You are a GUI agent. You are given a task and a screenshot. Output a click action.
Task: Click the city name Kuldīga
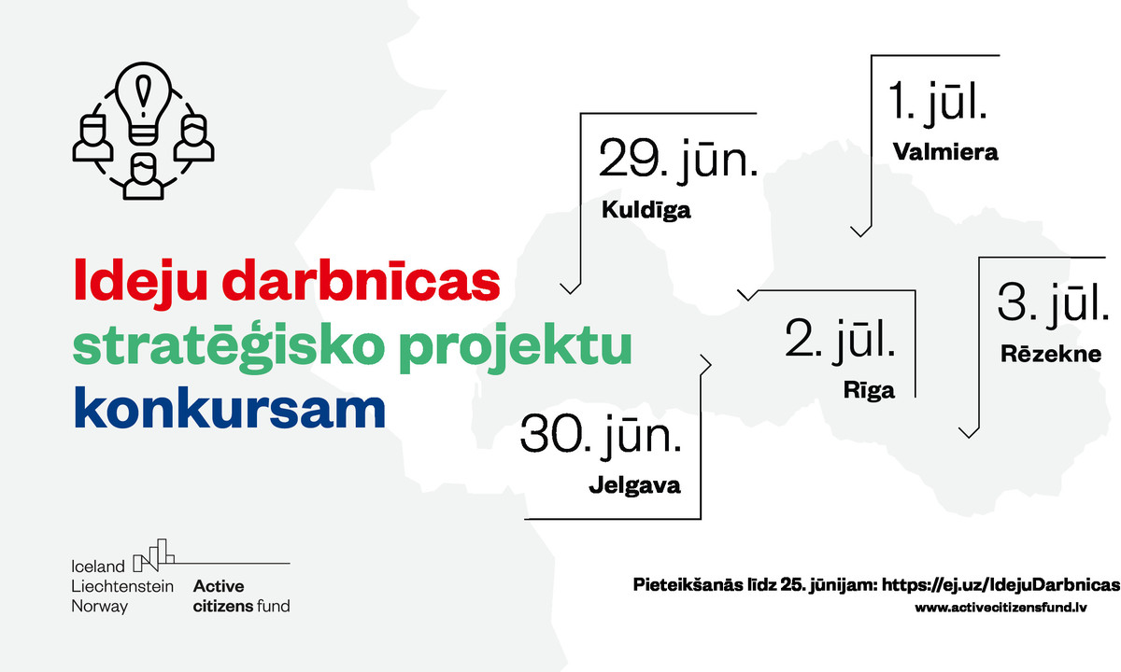[x=646, y=210]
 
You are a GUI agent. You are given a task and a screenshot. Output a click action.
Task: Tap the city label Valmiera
[x=945, y=152]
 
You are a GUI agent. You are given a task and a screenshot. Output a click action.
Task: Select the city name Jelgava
[x=634, y=485]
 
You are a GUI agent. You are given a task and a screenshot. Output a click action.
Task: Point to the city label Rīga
[x=869, y=390]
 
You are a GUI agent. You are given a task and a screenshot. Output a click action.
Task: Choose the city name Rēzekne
[x=1051, y=354]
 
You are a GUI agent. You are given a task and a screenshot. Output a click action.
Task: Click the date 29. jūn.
[x=678, y=159]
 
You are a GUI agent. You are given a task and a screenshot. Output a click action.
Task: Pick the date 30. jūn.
[x=601, y=433]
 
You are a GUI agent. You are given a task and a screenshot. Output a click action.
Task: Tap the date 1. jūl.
[x=937, y=102]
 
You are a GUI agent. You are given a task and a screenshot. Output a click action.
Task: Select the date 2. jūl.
[x=840, y=339]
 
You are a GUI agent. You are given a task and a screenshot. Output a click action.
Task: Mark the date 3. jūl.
[x=1053, y=302]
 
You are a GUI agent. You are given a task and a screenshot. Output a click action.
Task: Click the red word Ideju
[x=141, y=281]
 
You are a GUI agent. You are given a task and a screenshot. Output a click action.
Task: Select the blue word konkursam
[x=230, y=409]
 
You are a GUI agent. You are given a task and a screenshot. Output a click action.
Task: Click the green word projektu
[x=516, y=346]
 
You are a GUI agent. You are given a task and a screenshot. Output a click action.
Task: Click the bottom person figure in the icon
[x=144, y=176]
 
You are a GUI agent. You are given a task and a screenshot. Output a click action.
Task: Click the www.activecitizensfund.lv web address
[x=1000, y=608]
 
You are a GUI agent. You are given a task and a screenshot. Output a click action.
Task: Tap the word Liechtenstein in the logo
[x=122, y=586]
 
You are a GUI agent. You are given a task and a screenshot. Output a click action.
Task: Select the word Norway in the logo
[x=100, y=607]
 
